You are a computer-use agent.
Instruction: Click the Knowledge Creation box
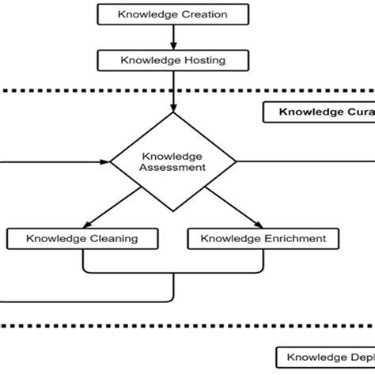(172, 14)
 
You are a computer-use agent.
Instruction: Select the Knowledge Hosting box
(172, 59)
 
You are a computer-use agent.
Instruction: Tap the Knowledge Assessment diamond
(172, 161)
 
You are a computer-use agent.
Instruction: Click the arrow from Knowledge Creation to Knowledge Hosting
(172, 37)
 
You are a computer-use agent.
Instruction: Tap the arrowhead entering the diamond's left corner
(104, 161)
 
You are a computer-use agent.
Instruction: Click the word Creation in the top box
(202, 14)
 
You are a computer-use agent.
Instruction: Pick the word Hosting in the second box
(203, 59)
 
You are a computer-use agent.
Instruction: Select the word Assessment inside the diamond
(172, 168)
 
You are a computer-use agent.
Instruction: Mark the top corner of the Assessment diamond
(172, 113)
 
